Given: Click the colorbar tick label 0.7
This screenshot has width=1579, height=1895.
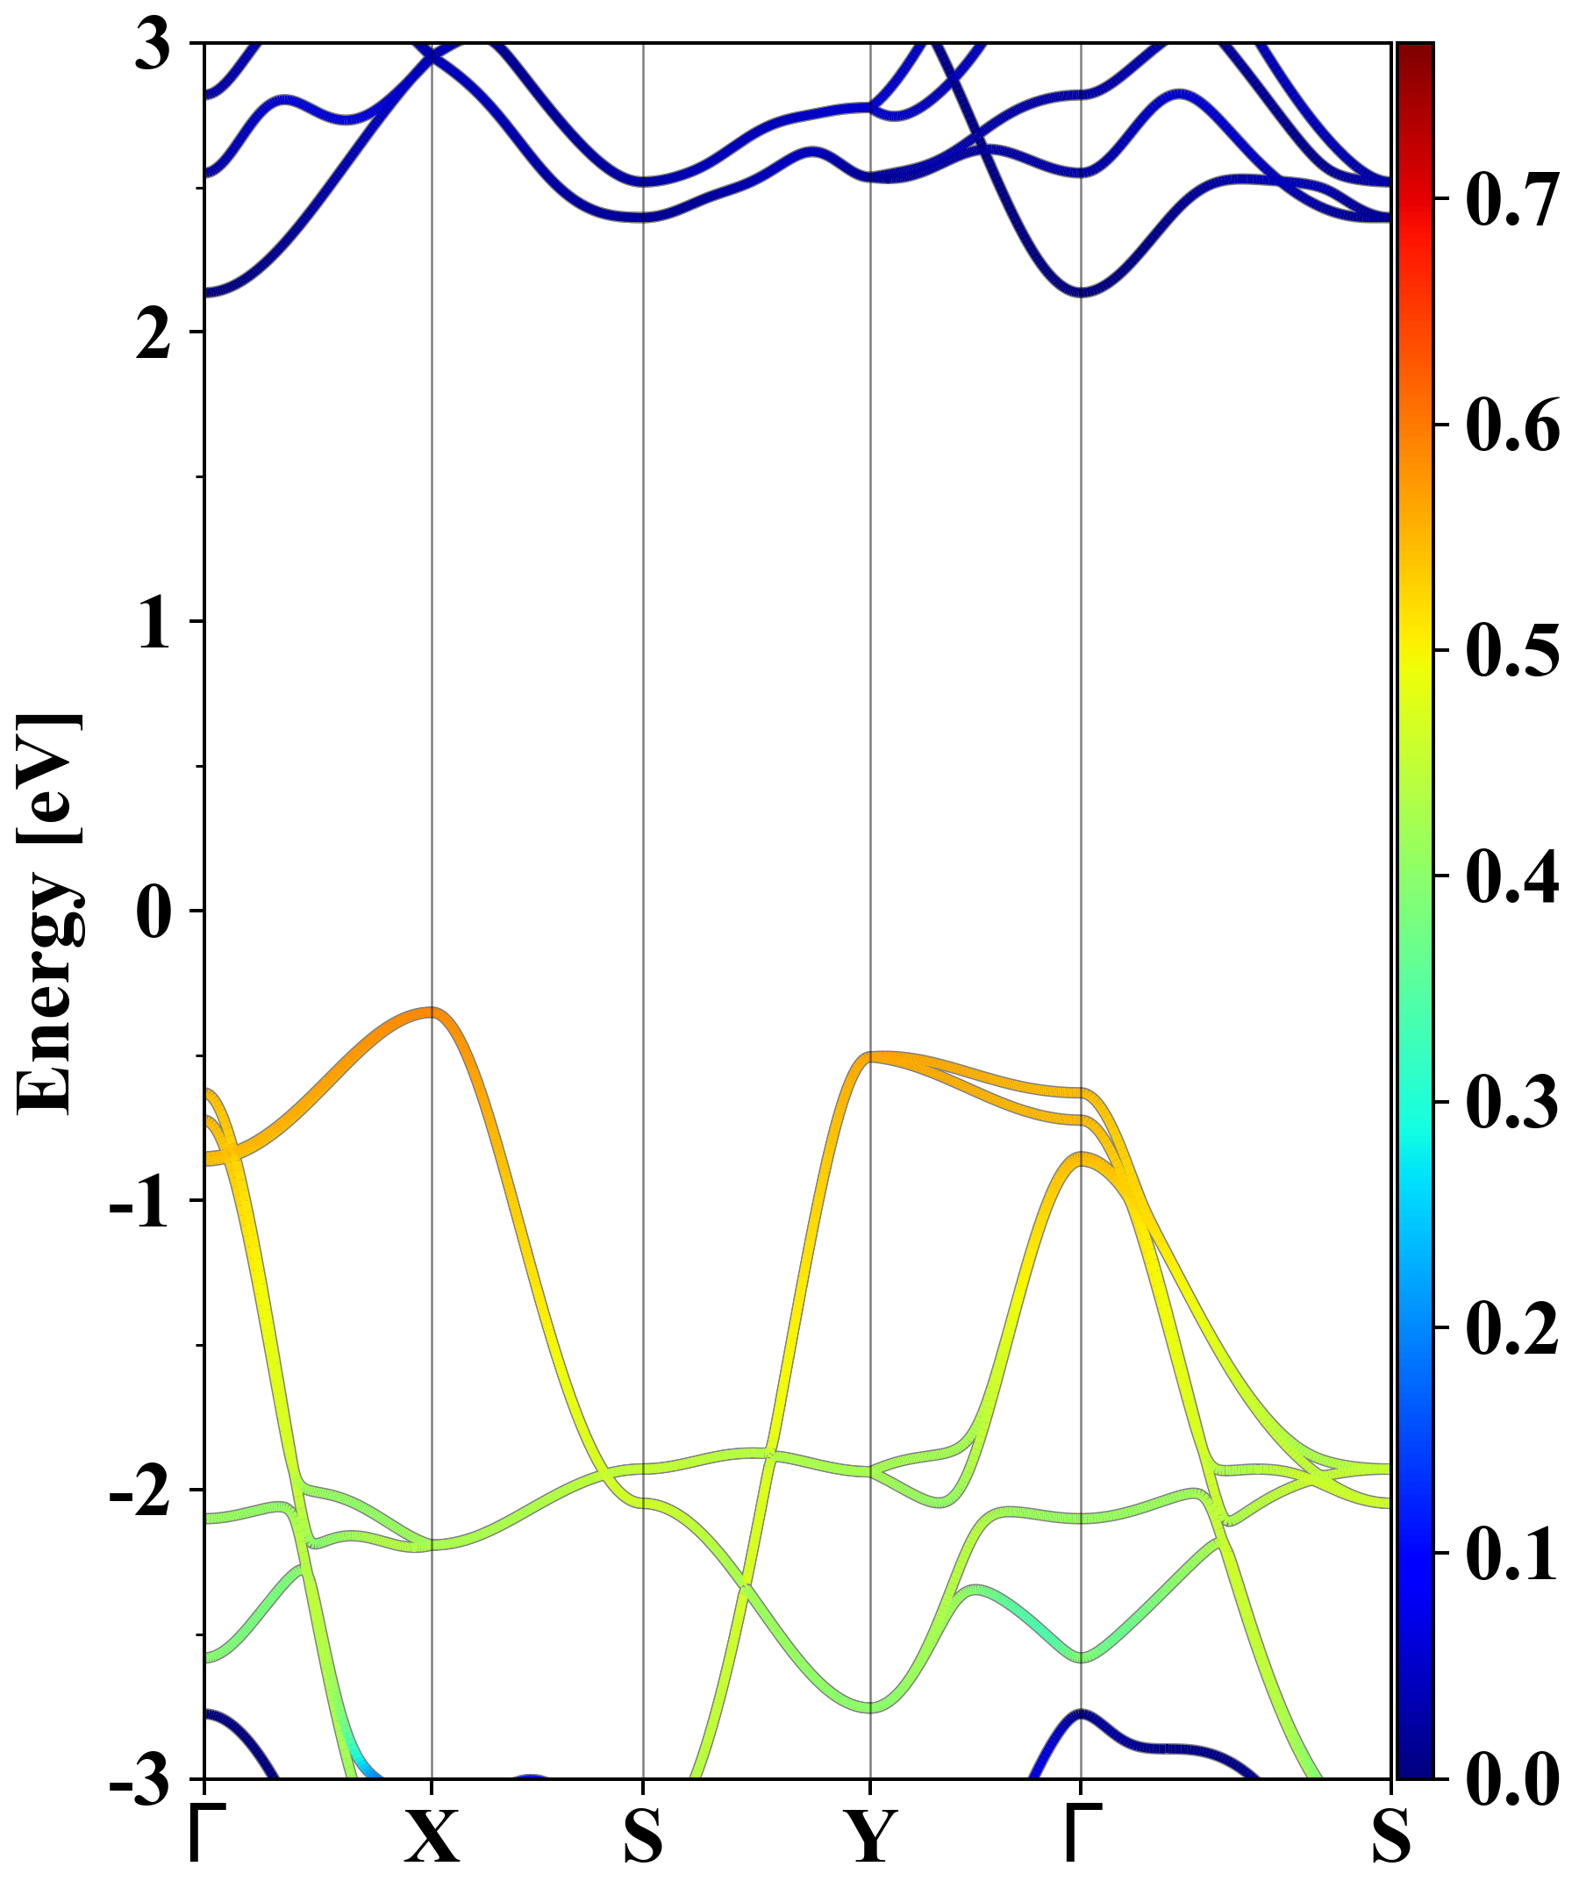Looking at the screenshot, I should click(1512, 200).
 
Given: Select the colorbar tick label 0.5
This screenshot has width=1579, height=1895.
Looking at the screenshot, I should click(1512, 651).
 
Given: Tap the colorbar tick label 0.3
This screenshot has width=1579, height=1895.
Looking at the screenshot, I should click(1512, 1102).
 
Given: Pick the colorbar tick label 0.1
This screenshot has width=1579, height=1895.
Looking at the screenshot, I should click(1512, 1553).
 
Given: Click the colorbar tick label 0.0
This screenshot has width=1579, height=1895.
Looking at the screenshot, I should click(1512, 1779).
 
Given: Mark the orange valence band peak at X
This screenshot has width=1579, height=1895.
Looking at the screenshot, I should click(432, 1012).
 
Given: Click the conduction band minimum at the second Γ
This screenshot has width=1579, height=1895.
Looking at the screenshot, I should click(1081, 291).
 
